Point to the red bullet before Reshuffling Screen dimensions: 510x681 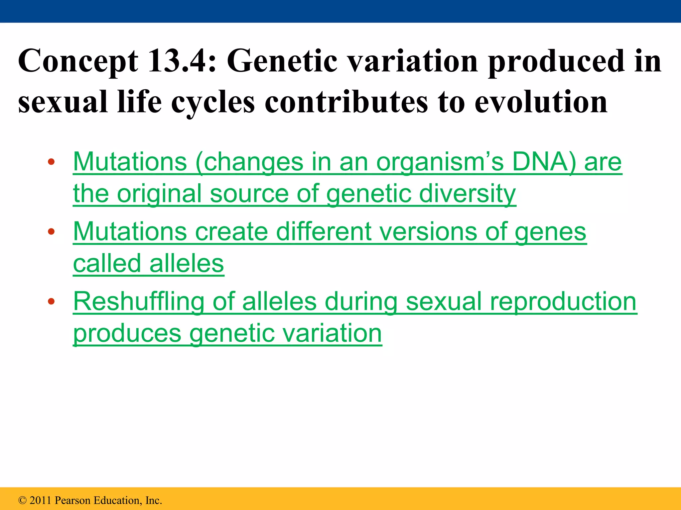coord(51,301)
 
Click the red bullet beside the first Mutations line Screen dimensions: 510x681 coord(51,162)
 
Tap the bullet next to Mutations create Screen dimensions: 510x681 coord(51,231)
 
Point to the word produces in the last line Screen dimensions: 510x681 coord(127,334)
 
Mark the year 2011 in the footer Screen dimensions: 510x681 coord(41,500)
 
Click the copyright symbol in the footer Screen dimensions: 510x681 coord(22,500)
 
